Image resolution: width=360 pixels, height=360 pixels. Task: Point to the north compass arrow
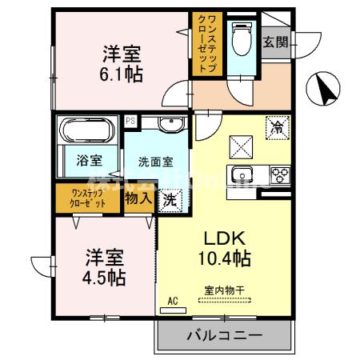324,88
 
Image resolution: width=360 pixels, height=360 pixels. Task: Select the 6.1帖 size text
122,76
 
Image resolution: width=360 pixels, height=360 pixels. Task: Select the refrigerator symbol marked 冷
277,126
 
